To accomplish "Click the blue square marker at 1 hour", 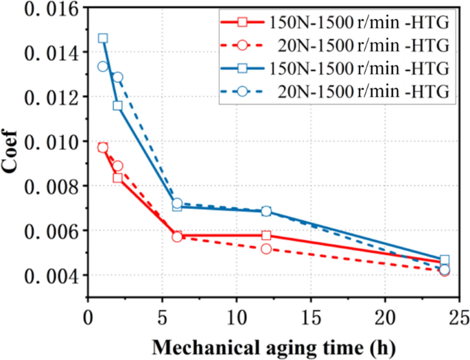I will pyautogui.click(x=103, y=38).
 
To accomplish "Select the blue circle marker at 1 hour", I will pyautogui.click(x=103, y=67).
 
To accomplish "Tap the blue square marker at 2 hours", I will pyautogui.click(x=118, y=106).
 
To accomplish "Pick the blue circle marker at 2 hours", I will pyautogui.click(x=118, y=77).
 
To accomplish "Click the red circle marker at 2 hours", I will pyautogui.click(x=118, y=166).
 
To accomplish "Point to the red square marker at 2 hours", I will pyautogui.click(x=118, y=178).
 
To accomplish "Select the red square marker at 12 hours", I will pyautogui.click(x=266, y=235).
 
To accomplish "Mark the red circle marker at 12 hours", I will pyautogui.click(x=266, y=248).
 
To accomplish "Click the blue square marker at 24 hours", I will pyautogui.click(x=445, y=260).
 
